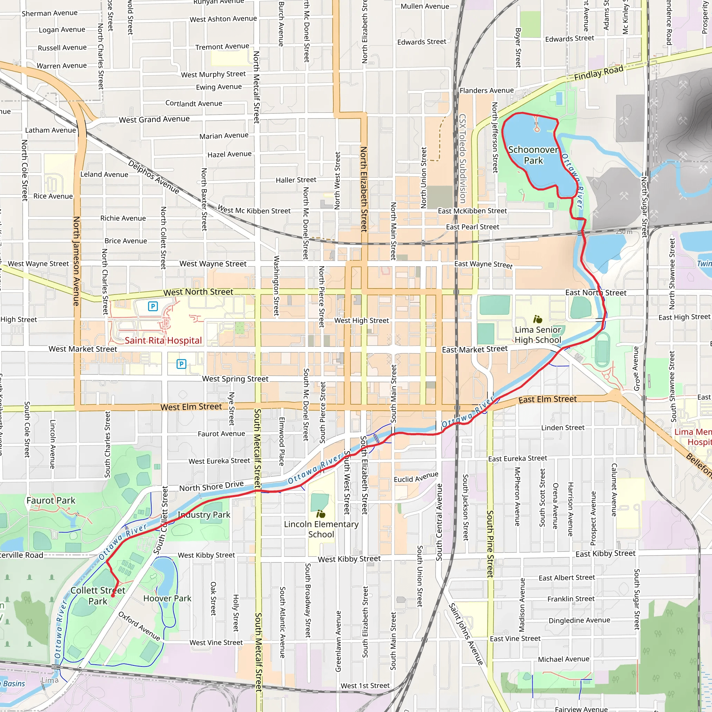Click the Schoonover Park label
click(533, 155)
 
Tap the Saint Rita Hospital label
click(163, 340)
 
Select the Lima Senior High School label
click(538, 335)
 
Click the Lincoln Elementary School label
click(321, 529)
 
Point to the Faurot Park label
click(51, 501)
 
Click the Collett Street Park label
click(98, 596)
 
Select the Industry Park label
click(204, 515)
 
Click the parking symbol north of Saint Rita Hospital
click(153, 306)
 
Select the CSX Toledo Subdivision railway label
click(462, 159)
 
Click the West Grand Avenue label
click(154, 119)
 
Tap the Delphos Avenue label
click(154, 177)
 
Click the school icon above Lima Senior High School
click(538, 319)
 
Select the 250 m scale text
click(624, 232)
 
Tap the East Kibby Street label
click(605, 553)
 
